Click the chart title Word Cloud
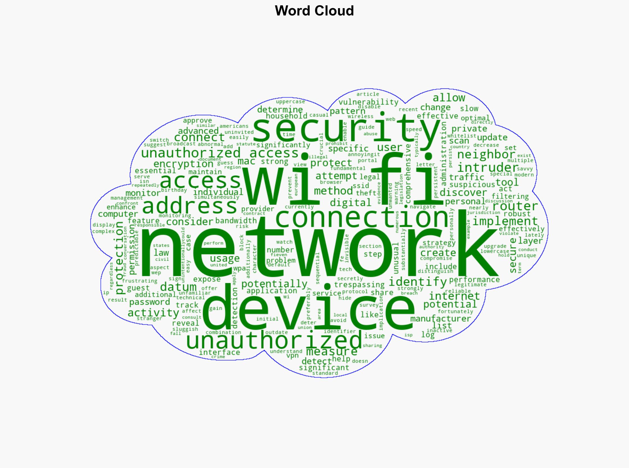[x=314, y=11]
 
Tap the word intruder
[x=487, y=167]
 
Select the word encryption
[x=183, y=164]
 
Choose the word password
[x=150, y=302]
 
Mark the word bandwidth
[x=236, y=221]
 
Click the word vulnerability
[x=368, y=102]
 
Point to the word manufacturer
[x=440, y=319]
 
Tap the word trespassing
[x=359, y=285]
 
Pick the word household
[x=286, y=115]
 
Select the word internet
[x=455, y=296]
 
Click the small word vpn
[x=293, y=356]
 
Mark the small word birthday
[x=174, y=190]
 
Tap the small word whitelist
[x=462, y=136]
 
